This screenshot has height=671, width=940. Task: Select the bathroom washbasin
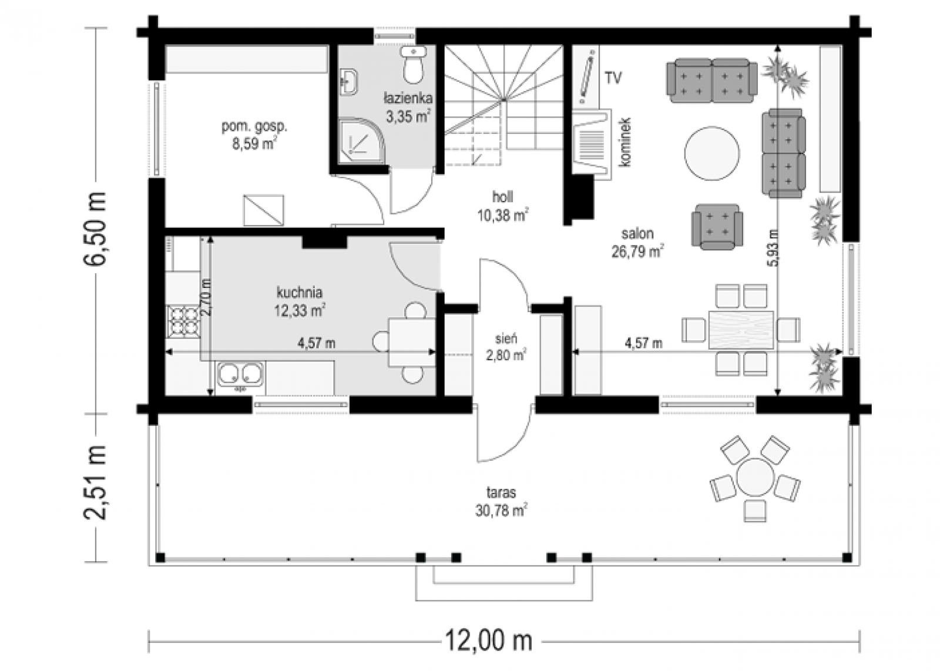pos(349,82)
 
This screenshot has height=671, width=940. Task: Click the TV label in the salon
pos(613,78)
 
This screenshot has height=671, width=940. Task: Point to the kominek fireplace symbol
pos(592,145)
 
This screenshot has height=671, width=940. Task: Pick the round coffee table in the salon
pos(711,153)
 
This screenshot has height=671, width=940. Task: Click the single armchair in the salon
pos(717,227)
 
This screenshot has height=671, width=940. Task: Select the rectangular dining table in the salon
pos(741,330)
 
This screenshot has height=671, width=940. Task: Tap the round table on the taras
pos(755,478)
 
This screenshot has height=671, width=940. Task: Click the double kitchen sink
pos(240,374)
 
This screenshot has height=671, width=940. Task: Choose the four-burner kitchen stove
pos(183,321)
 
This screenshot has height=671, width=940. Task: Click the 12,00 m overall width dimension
pos(489,641)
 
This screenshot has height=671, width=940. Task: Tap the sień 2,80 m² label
pos(506,347)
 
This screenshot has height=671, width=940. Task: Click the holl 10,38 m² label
pos(503,206)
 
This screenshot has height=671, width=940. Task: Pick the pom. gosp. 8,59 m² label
pos(254,135)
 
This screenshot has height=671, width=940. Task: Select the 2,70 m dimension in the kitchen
pos(206,298)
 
